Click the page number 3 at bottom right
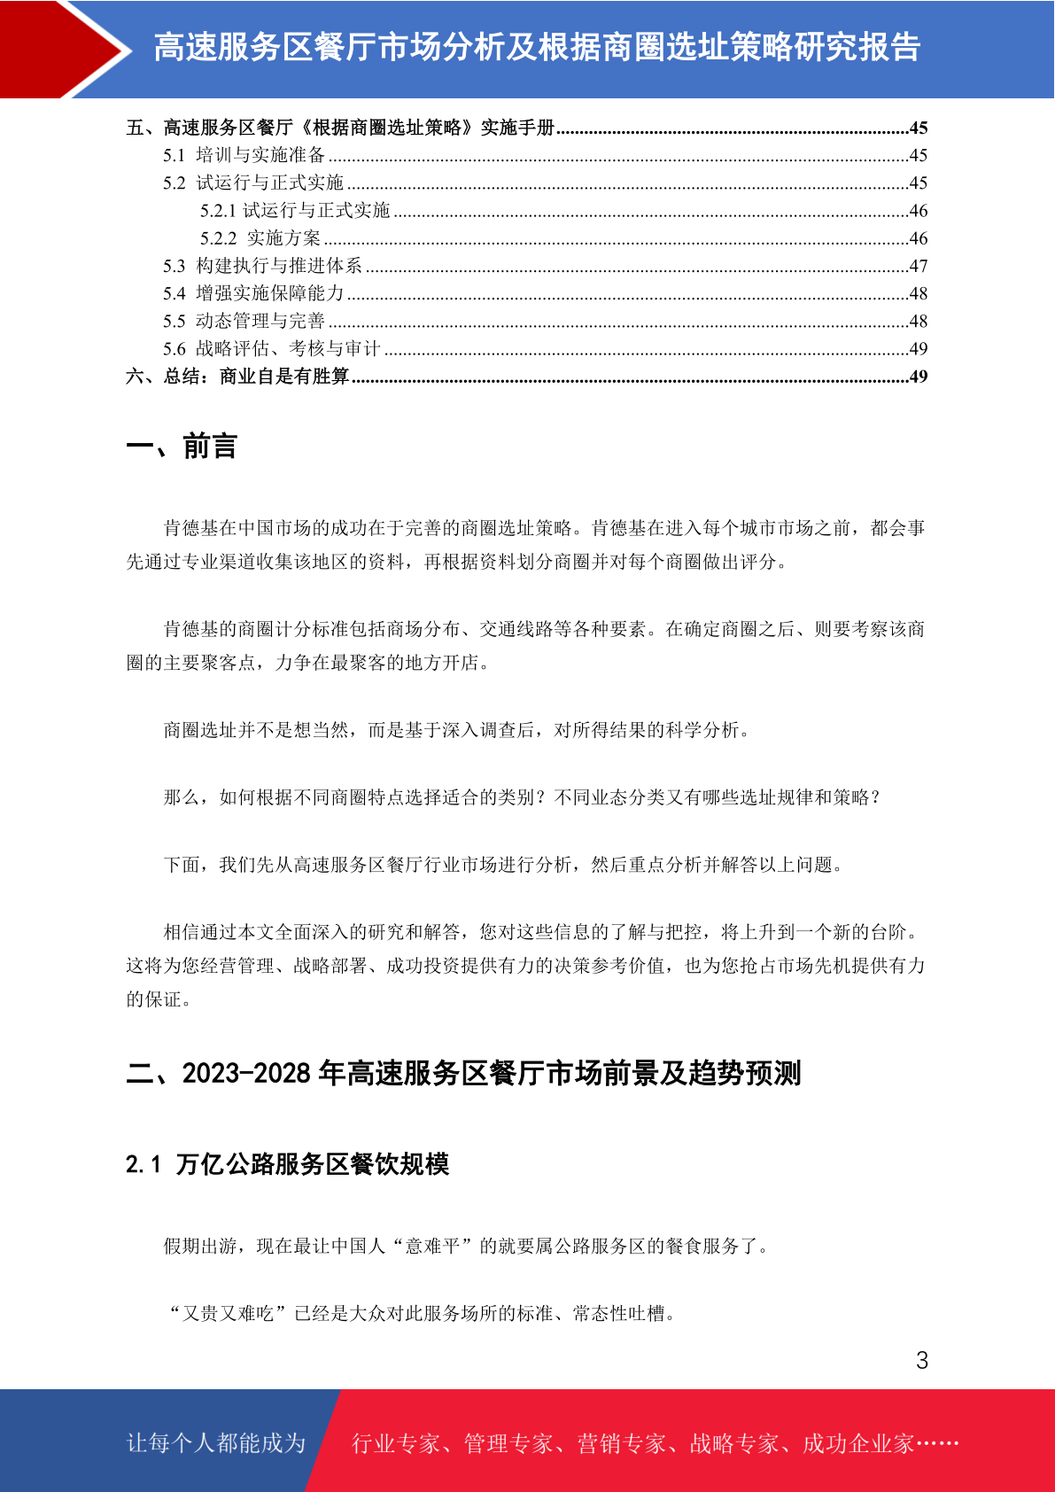click(921, 1361)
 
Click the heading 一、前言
click(182, 447)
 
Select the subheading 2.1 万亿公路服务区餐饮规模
click(287, 1164)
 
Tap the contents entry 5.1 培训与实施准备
click(244, 156)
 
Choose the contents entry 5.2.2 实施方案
click(260, 238)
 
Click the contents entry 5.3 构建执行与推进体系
click(262, 266)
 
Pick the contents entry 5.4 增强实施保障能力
click(253, 293)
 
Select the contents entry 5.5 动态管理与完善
click(244, 321)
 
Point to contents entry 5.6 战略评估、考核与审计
click(271, 349)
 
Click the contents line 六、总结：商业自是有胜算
click(237, 377)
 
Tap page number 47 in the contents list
click(918, 266)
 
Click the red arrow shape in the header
click(62, 49)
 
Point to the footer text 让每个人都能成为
click(216, 1443)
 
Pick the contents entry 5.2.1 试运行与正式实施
click(295, 211)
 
